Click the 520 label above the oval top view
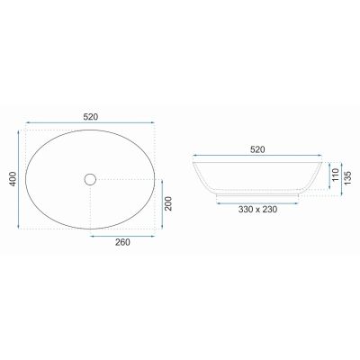[91, 117]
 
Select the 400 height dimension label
[13, 179]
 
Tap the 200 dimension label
[168, 203]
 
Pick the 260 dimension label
[122, 242]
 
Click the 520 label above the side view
[257, 149]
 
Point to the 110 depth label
[336, 175]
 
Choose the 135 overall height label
[347, 178]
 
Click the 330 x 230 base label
[257, 210]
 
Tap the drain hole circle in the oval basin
[90, 179]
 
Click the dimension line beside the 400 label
[19, 179]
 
